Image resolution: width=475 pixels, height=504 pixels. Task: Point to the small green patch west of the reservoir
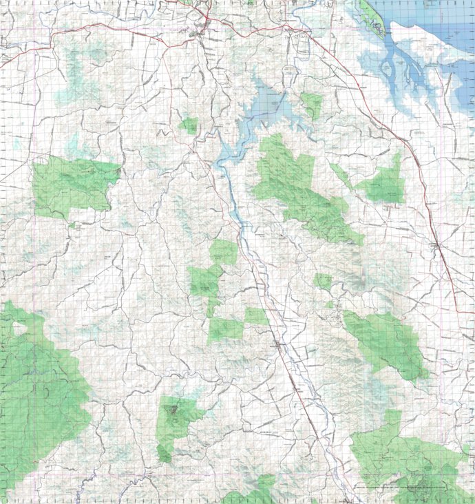click(189, 125)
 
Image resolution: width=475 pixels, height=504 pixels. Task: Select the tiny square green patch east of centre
click(322, 281)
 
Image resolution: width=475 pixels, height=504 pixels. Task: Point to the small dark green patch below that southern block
click(164, 453)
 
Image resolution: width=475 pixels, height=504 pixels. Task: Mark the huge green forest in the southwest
click(38, 392)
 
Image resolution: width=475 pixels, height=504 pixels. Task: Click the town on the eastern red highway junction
click(436, 245)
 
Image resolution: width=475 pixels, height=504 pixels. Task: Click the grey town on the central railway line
click(278, 342)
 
